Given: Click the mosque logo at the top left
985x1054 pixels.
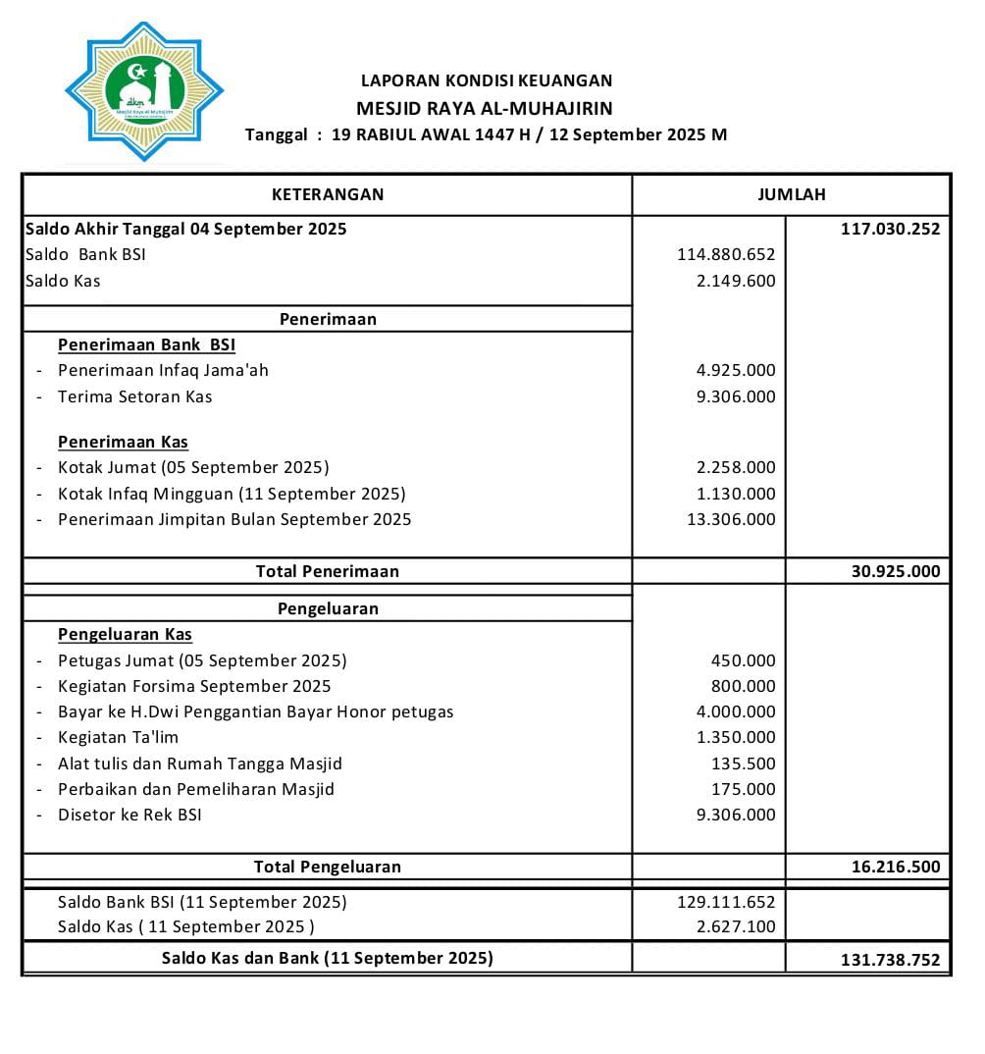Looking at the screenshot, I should pos(144,91).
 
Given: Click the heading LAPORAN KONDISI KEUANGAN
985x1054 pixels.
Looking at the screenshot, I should pos(486,80).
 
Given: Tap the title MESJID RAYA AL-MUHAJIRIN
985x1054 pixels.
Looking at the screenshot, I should pos(485,108).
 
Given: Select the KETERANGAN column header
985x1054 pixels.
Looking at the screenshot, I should pos(328,194).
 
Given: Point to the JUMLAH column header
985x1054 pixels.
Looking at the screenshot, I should pos(791,194).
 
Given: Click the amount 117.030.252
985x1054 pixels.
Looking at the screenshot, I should pos(890,230).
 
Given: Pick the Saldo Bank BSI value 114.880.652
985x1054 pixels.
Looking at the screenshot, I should pos(726,254).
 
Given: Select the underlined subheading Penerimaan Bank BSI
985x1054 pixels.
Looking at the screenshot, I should pos(146,344).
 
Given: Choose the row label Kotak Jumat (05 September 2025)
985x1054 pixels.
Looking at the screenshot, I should pos(193,467).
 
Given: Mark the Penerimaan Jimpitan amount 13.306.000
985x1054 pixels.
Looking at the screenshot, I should pos(731,519).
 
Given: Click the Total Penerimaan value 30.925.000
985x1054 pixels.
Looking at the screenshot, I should pos(895,571).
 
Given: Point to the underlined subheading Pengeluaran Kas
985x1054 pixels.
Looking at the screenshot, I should pos(125,634).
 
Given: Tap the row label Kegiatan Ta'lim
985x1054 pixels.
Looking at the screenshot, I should pos(118,737).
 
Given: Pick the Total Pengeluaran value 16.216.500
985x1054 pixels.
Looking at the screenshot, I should pos(895,867).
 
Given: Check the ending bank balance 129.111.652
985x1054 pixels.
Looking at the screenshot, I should pos(726,902).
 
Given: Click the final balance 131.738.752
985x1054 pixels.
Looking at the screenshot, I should pos(890,960).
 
